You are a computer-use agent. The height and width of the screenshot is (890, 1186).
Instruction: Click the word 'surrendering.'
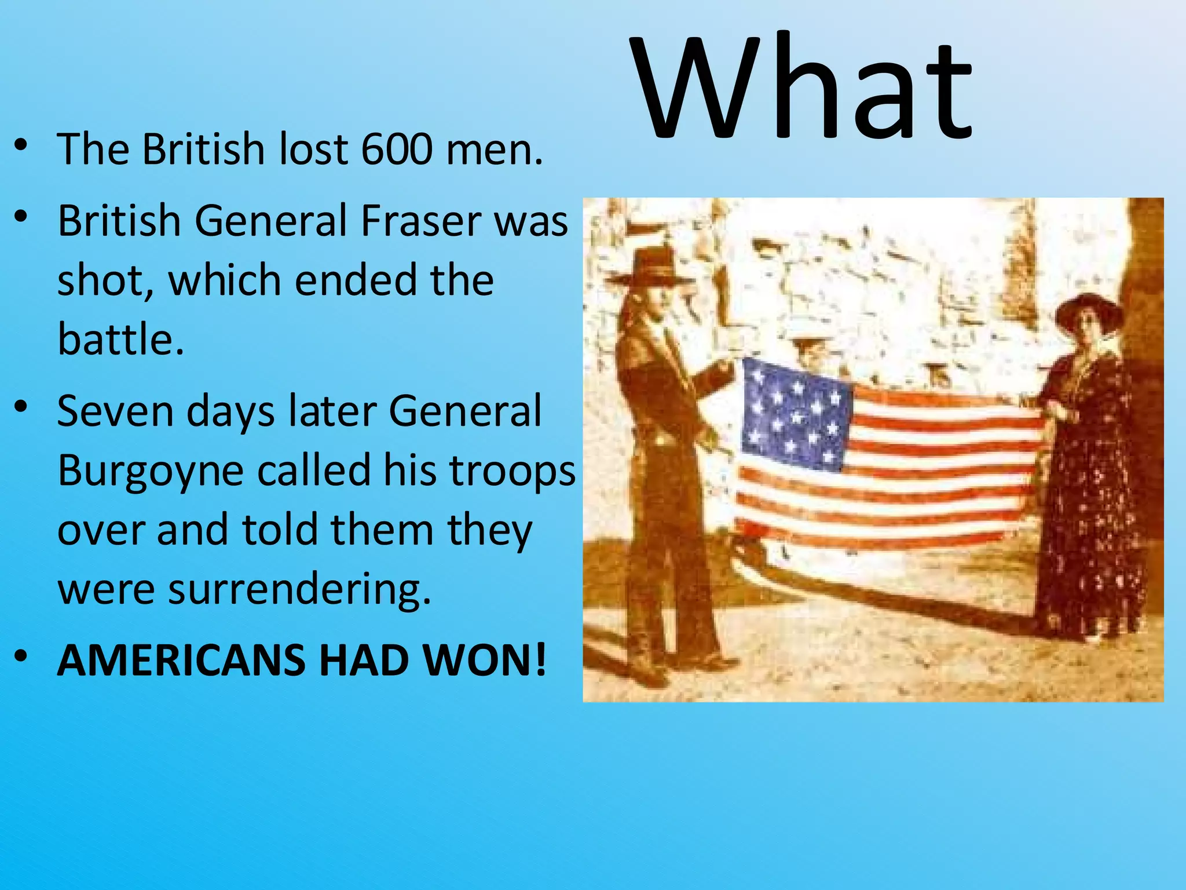point(299,589)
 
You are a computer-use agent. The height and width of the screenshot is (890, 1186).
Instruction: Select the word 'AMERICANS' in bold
point(181,661)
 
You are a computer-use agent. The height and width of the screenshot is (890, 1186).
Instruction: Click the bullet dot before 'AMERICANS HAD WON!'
point(21,656)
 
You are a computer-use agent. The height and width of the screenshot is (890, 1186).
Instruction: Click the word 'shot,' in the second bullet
point(105,281)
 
